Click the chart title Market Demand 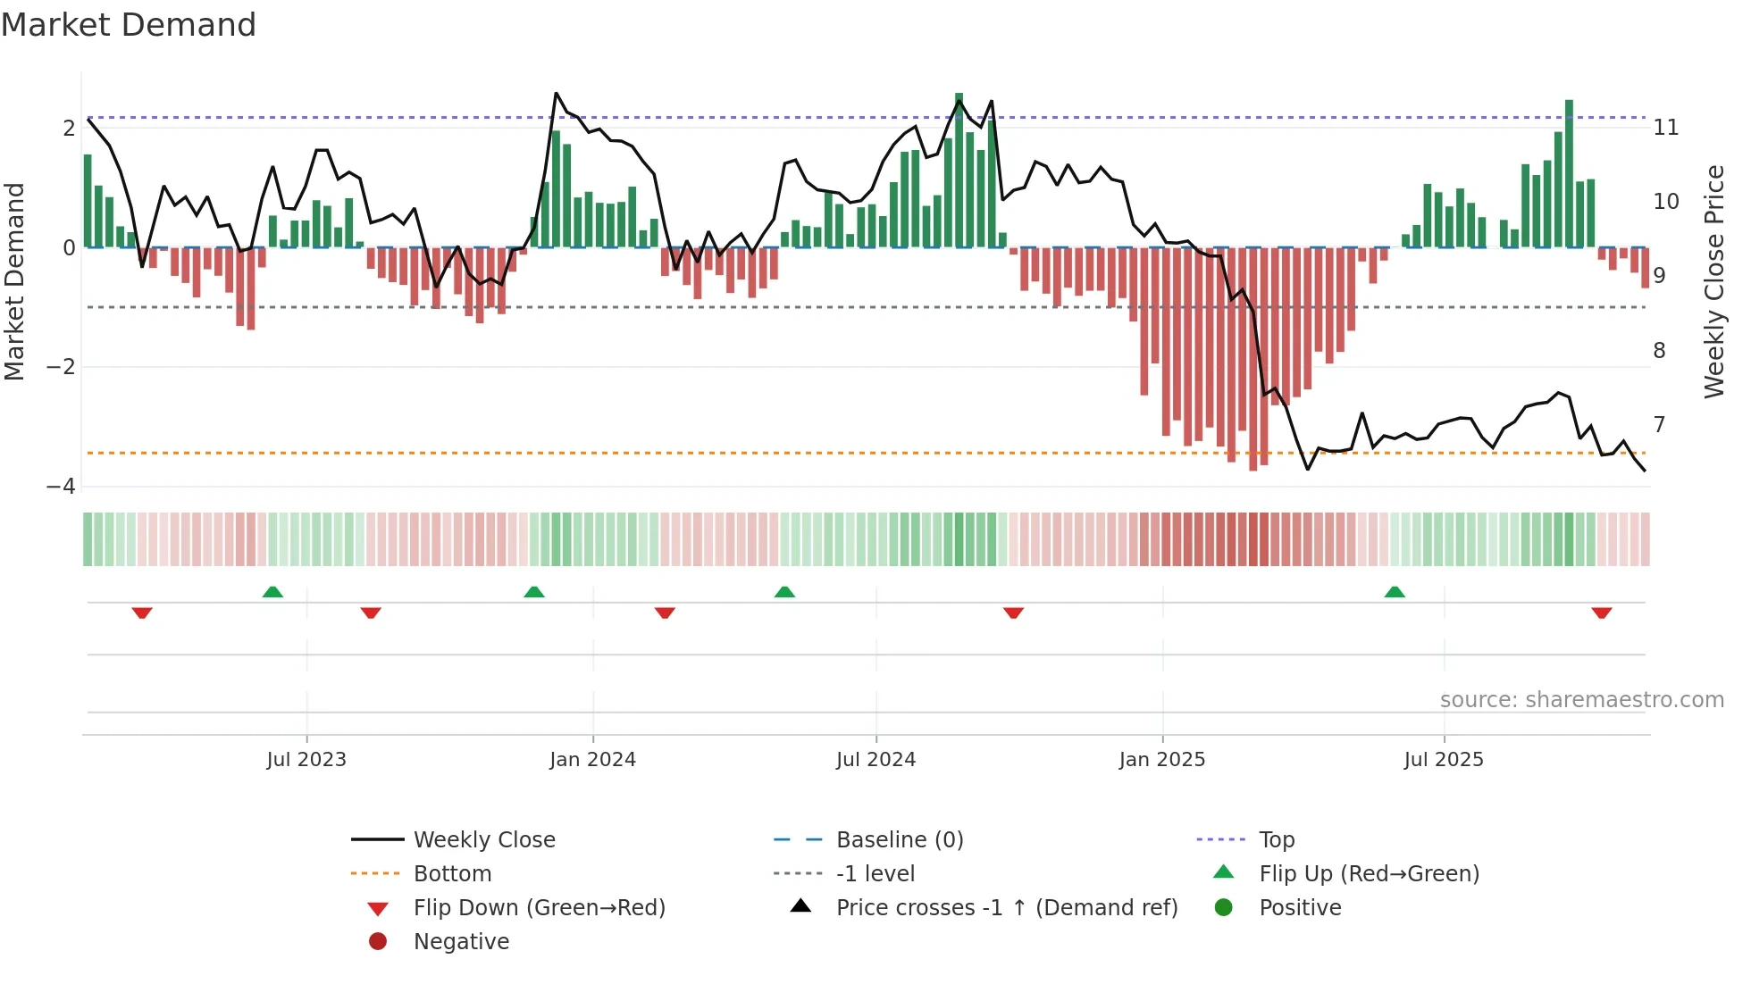[129, 25]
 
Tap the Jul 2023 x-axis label [306, 760]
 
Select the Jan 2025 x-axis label [1161, 760]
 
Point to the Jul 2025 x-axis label [1443, 760]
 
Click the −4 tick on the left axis [62, 487]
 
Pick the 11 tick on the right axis [1665, 128]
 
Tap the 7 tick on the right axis [1659, 424]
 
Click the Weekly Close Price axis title [1713, 281]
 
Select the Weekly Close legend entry [483, 840]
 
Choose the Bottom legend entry [452, 874]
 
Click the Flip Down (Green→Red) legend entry [539, 908]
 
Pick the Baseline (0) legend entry [899, 840]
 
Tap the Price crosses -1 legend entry [1006, 908]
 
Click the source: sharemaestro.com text [1581, 700]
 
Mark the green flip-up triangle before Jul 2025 [1395, 592]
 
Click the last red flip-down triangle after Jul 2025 [1601, 613]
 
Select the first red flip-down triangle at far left [142, 613]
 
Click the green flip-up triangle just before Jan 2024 [533, 592]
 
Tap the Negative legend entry [460, 942]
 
